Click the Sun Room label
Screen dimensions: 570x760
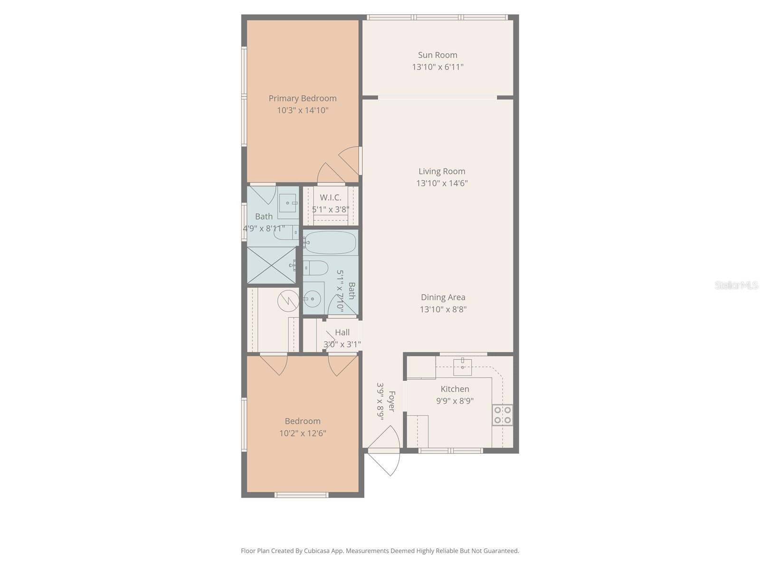click(x=437, y=55)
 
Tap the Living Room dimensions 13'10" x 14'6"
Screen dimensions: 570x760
click(x=442, y=183)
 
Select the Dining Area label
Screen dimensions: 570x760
click(x=443, y=297)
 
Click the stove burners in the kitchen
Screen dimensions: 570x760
click(x=503, y=415)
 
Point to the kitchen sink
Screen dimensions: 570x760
click(x=462, y=366)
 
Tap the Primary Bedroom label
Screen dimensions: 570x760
click(x=303, y=98)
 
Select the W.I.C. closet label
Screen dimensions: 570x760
click(x=330, y=198)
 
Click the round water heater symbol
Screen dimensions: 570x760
click(x=288, y=300)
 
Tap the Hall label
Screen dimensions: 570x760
click(x=342, y=332)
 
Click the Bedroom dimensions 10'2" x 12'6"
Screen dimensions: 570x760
click(x=303, y=433)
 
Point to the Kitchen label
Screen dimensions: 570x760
click(x=455, y=389)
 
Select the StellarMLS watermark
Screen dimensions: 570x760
click(x=736, y=285)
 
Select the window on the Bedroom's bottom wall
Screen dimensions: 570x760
click(x=302, y=495)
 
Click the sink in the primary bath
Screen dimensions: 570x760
click(x=287, y=203)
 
